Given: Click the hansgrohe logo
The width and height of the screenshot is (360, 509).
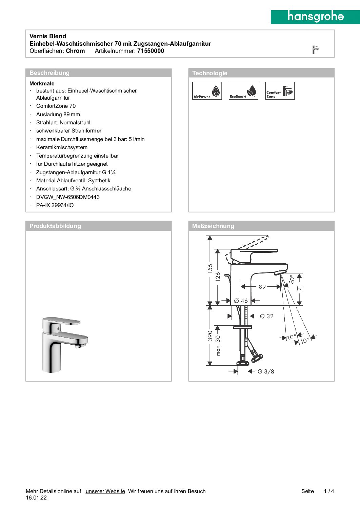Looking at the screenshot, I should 315,17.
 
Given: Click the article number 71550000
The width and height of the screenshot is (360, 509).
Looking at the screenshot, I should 151,51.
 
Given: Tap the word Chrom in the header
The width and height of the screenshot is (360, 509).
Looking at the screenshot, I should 75,51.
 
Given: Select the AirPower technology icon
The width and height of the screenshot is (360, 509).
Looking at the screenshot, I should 207,90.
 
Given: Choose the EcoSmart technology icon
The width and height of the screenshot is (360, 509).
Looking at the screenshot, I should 243,90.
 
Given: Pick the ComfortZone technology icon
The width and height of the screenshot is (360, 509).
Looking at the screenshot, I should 280,90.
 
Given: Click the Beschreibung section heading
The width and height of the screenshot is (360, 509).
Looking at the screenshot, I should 49,73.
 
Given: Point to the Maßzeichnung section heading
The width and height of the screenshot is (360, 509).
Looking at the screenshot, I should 213,226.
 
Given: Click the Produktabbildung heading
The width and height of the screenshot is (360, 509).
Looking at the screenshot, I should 55,226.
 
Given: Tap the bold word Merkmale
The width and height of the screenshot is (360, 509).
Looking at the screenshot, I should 42,83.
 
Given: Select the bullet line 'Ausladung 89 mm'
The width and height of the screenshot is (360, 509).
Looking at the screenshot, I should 58,115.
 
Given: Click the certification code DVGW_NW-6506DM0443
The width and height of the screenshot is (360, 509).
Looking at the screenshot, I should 68,197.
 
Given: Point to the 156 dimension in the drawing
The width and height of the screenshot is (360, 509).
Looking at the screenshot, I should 210,268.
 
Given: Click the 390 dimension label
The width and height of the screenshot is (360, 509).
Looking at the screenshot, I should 210,335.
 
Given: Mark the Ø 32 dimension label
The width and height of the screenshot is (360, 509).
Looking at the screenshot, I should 266,316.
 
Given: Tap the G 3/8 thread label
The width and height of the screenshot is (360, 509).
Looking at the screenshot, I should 266,371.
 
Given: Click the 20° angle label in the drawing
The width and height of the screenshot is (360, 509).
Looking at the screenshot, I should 291,279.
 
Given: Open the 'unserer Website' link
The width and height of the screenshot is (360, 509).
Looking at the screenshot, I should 105,491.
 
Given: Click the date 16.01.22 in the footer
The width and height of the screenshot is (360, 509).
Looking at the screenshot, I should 36,498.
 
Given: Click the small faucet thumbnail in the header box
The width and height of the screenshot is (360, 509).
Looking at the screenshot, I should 316,50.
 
